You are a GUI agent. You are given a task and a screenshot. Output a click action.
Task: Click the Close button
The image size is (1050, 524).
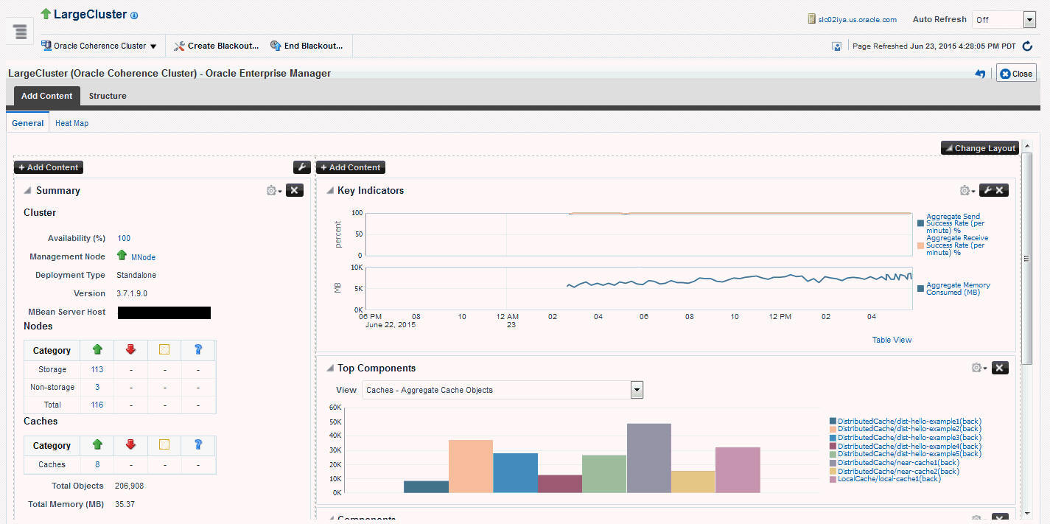[x=1016, y=74]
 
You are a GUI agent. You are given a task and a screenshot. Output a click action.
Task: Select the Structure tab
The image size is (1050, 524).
[x=108, y=96]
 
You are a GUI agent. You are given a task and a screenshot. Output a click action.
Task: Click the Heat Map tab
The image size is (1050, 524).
[x=71, y=123]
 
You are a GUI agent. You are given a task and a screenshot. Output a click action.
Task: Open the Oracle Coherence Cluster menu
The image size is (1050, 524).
[x=99, y=46]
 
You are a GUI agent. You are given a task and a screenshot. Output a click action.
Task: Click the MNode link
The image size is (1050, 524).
[x=143, y=257]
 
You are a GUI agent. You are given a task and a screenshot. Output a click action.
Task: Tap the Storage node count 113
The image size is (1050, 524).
[x=97, y=369]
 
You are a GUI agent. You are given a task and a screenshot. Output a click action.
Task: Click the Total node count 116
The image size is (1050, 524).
[x=97, y=405]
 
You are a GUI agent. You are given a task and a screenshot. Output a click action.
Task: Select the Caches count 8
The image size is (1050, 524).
[x=97, y=464]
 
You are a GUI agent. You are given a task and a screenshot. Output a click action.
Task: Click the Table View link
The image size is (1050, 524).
[x=892, y=340]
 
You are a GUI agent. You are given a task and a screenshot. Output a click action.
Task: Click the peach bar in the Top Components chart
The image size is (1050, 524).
[x=470, y=466]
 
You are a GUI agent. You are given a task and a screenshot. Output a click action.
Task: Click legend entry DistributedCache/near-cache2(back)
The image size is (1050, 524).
[x=897, y=471]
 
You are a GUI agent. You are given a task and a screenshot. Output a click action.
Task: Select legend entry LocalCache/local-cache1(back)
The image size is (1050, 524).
[x=889, y=479]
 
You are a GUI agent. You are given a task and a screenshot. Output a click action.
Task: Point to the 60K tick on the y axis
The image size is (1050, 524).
[x=335, y=408]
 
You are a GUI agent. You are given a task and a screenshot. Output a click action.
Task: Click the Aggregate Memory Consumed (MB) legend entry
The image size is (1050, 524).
[x=957, y=288]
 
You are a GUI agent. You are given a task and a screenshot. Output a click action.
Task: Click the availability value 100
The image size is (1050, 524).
[x=124, y=238]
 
